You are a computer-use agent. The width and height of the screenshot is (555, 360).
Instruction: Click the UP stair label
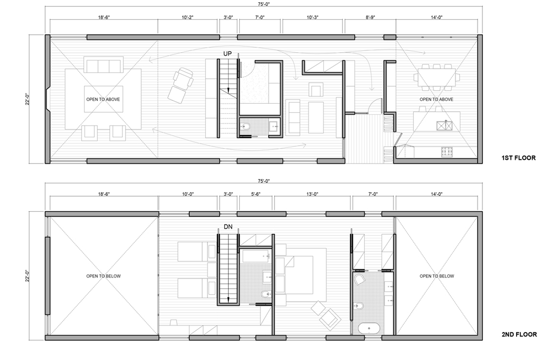point(227,53)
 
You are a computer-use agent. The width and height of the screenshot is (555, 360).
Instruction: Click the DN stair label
point(228,227)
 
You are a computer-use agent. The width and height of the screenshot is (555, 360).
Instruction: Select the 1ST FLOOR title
point(519,158)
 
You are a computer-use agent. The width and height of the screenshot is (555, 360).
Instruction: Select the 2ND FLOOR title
point(519,334)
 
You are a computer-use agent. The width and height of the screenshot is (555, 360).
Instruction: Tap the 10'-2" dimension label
point(187,17)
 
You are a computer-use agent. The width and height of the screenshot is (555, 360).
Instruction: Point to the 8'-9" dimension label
point(370,17)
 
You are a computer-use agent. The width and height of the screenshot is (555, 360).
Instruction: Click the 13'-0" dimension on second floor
point(312,194)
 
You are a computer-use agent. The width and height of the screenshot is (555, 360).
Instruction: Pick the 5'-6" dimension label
point(256,194)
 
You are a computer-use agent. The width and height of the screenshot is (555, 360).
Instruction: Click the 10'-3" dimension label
point(312,17)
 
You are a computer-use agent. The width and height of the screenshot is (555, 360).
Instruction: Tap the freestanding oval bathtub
point(369,328)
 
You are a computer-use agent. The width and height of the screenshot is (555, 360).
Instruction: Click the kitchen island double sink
point(444,125)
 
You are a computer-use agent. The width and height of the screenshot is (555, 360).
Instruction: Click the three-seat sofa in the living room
point(104,65)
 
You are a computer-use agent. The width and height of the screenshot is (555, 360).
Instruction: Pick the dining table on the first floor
point(437,77)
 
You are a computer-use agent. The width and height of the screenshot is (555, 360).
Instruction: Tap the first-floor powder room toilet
point(245,127)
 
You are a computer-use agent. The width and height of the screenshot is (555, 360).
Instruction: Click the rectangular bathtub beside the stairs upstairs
point(256,256)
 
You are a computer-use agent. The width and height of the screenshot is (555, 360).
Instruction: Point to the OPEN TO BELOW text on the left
point(103,276)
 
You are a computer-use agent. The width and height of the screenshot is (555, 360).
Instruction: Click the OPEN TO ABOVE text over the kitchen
point(436,99)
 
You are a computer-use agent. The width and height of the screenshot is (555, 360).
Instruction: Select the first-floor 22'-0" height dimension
point(27,99)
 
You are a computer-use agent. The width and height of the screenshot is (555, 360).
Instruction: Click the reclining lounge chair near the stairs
point(180,85)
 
